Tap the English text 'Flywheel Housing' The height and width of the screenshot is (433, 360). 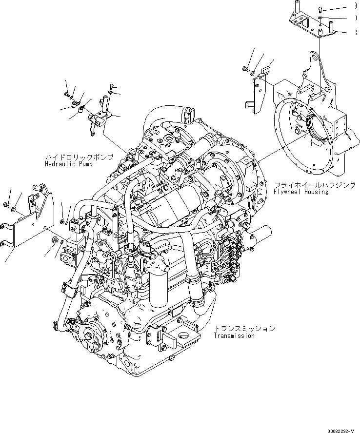click(x=300, y=192)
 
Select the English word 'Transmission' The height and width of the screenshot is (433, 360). click(x=234, y=335)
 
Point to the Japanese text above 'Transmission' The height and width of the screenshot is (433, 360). click(x=244, y=329)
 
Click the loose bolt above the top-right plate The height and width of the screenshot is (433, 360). click(x=319, y=8)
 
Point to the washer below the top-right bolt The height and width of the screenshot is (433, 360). click(x=319, y=18)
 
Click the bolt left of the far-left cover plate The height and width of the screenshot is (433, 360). click(x=7, y=204)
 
